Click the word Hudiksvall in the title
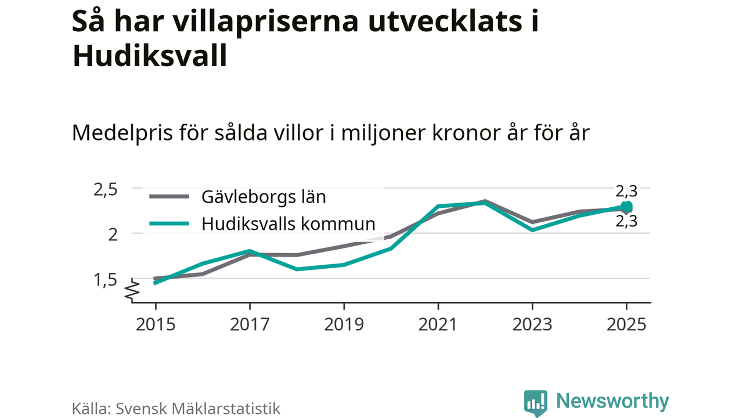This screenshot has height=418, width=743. (150, 56)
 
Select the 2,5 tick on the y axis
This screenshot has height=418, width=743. (106, 189)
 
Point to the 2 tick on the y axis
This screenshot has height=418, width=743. (113, 234)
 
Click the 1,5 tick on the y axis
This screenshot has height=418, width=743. (106, 279)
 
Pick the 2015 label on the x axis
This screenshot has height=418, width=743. (156, 324)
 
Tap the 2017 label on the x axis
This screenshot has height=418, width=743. (250, 324)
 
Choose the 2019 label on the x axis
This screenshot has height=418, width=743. (344, 324)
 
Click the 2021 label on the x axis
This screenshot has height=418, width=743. (438, 324)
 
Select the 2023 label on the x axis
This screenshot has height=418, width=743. (532, 324)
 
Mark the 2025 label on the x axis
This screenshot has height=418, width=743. (626, 324)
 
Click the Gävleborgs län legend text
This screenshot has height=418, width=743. (264, 197)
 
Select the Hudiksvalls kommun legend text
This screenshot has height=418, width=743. (288, 224)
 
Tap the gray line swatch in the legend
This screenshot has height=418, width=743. (169, 197)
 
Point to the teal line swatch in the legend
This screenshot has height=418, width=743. (169, 224)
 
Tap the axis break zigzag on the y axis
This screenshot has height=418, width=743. (133, 290)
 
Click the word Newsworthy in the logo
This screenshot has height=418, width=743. (612, 401)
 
